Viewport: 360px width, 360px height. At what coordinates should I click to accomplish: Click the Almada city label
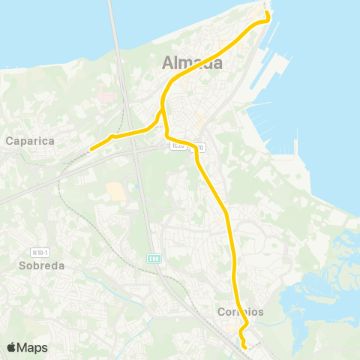[x=193, y=64]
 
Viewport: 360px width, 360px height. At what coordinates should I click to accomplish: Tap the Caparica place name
[x=27, y=139]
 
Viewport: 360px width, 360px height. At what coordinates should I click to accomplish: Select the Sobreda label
[x=43, y=265]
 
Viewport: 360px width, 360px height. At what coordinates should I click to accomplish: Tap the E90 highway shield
[x=152, y=258]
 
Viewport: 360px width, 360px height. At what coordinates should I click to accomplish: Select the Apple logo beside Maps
[x=11, y=347]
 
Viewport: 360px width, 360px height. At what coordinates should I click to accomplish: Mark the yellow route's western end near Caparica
[x=91, y=149]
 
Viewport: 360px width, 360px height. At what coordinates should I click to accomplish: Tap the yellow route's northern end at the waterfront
[x=268, y=10]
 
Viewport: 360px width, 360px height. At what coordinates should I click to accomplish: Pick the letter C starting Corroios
[x=221, y=312]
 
